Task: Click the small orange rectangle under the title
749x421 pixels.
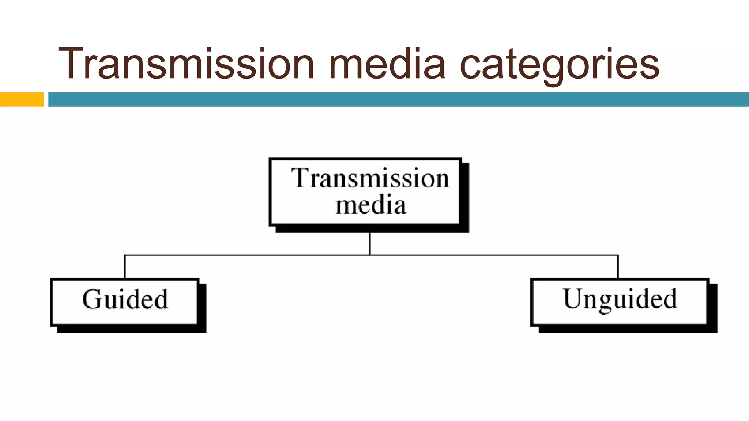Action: [22, 99]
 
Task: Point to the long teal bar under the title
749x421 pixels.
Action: [399, 99]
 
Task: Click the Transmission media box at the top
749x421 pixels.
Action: [365, 191]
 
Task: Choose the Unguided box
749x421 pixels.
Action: [619, 302]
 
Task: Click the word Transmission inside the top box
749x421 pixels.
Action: [370, 178]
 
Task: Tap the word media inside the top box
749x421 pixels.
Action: [371, 205]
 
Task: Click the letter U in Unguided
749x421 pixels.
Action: [572, 298]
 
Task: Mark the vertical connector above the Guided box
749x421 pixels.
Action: [125, 267]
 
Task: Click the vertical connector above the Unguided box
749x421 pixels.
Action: [618, 267]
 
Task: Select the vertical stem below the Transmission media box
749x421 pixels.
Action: [370, 243]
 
